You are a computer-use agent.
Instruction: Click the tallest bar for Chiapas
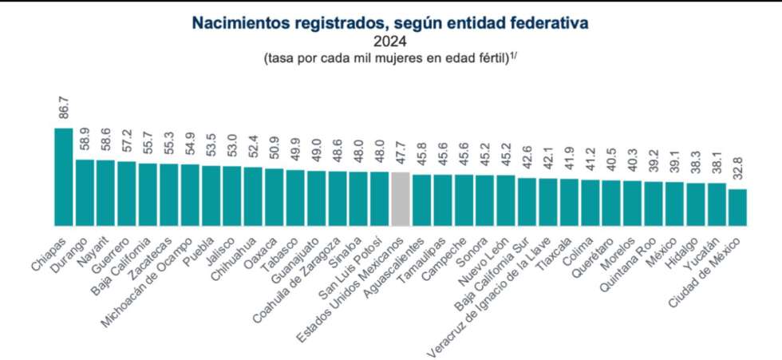(63, 176)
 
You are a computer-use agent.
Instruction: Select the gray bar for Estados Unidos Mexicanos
(401, 199)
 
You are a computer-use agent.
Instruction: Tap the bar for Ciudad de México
(737, 208)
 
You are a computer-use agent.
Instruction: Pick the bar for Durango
(85, 192)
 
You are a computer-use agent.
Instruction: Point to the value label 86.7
(64, 107)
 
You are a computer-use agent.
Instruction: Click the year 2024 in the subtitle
(389, 42)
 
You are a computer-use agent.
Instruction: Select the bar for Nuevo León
(506, 200)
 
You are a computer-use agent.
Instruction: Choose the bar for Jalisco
(232, 196)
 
